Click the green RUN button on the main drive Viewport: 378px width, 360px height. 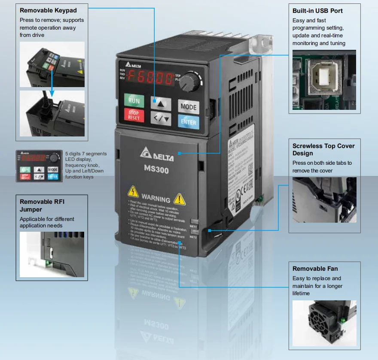pyautogui.click(x=134, y=101)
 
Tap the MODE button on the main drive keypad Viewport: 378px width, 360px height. pyautogui.click(x=188, y=107)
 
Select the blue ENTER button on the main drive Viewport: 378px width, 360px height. pyautogui.click(x=188, y=122)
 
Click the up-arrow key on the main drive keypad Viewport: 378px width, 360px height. pyautogui.click(x=161, y=103)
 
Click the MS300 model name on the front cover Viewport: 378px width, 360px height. pyautogui.click(x=157, y=169)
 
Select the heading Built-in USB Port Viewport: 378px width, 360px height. pyautogui.click(x=317, y=10)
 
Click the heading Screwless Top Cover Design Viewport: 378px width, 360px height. pyautogui.click(x=323, y=149)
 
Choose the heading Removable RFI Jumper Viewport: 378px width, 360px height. pyautogui.click(x=42, y=205)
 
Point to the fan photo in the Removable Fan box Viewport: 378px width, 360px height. pyautogui.click(x=324, y=323)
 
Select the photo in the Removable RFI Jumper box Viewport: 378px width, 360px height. pyautogui.click(x=52, y=254)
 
